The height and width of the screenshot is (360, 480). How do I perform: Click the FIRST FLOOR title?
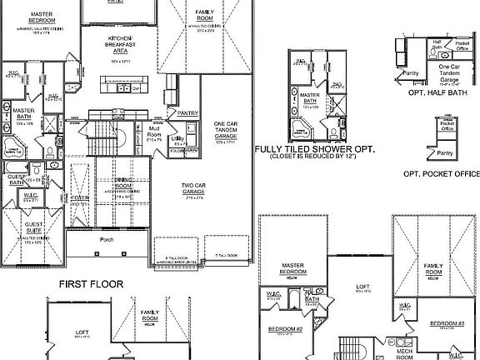tap(92, 284)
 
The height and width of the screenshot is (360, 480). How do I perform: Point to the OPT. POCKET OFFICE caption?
tap(442, 173)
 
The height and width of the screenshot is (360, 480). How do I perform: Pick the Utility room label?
tap(177, 139)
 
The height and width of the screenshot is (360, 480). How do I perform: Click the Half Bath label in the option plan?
tap(437, 43)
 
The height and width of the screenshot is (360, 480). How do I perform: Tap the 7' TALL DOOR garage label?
tap(226, 255)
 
